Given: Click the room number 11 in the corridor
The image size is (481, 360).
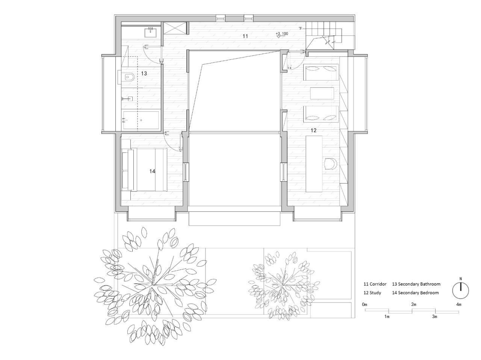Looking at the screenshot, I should pyautogui.click(x=245, y=36).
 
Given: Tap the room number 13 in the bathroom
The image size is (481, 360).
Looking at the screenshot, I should pyautogui.click(x=144, y=74).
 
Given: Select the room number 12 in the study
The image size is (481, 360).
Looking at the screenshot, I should pyautogui.click(x=313, y=131).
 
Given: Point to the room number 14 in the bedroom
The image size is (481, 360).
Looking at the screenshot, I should pyautogui.click(x=152, y=171).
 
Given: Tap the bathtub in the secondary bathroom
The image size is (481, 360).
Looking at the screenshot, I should pyautogui.click(x=141, y=120).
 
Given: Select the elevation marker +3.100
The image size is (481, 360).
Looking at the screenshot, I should pyautogui.click(x=281, y=34).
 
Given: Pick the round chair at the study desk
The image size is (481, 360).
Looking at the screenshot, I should pyautogui.click(x=330, y=164).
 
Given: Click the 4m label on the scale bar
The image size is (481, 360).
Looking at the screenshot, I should pyautogui.click(x=458, y=304).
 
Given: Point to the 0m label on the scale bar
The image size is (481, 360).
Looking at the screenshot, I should pyautogui.click(x=365, y=304).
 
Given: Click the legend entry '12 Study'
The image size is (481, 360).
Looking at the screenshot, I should pyautogui.click(x=372, y=293).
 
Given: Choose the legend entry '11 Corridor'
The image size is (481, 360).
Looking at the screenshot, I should pyautogui.click(x=375, y=284).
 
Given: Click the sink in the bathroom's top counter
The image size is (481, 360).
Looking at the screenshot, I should pyautogui.click(x=152, y=32).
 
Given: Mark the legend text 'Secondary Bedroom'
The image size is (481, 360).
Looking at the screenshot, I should pyautogui.click(x=418, y=293).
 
